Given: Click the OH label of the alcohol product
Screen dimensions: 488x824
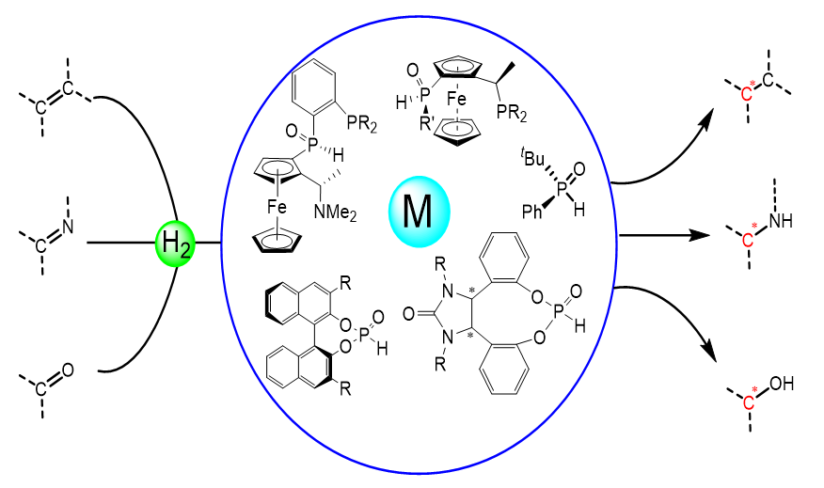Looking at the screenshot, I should (782, 384).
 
